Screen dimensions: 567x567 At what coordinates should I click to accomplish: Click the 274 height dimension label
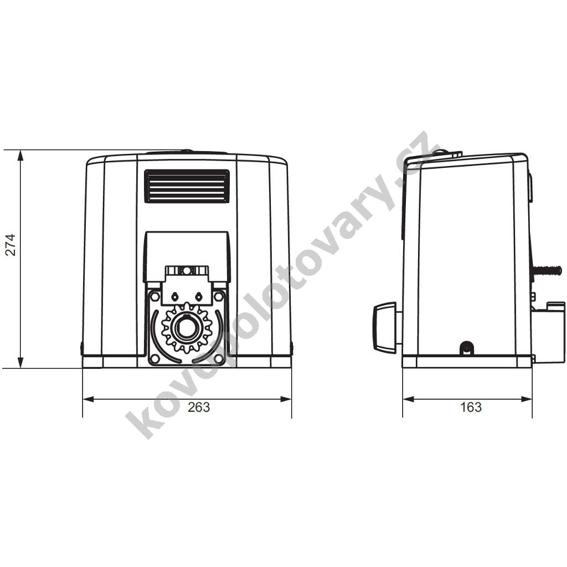(x=11, y=245)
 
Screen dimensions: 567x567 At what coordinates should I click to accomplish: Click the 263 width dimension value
(x=199, y=407)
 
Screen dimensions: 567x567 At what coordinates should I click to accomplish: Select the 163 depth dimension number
(x=471, y=407)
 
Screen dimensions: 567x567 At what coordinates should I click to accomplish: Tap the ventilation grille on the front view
(x=187, y=186)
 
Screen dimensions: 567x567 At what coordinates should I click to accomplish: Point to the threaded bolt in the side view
(x=546, y=270)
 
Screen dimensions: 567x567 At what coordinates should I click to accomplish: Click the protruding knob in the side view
(x=385, y=327)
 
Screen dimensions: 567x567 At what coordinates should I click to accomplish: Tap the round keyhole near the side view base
(x=466, y=348)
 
